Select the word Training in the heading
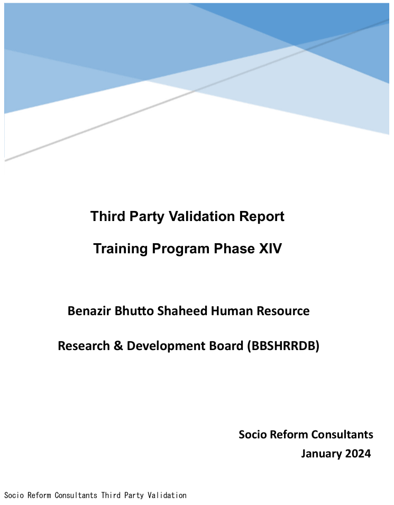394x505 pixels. point(121,249)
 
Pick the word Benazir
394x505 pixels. point(89,311)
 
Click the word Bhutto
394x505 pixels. point(134,311)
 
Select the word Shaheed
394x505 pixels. point(182,311)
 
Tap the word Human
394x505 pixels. point(232,311)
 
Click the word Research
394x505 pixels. point(84,346)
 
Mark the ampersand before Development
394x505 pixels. point(118,346)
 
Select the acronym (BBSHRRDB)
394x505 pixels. point(283,346)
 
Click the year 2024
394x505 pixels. point(358,454)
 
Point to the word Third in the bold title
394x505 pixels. point(108,216)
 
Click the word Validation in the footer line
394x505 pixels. point(167,495)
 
